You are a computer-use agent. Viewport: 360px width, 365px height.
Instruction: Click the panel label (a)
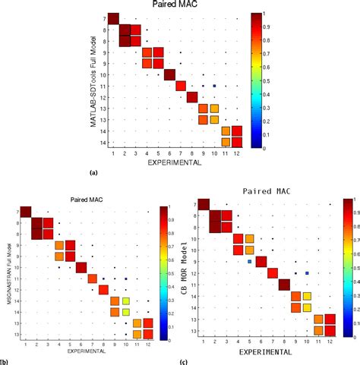click(x=93, y=172)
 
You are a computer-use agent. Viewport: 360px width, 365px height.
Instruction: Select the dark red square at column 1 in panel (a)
click(x=113, y=19)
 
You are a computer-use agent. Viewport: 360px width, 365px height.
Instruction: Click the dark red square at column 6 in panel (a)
click(x=169, y=74)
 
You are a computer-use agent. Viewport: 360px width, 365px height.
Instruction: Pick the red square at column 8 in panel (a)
click(x=192, y=96)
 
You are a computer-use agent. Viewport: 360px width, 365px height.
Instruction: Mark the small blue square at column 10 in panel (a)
click(x=215, y=86)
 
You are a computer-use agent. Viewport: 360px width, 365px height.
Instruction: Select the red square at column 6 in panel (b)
click(x=81, y=267)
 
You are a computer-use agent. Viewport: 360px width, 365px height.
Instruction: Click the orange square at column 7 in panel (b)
click(x=92, y=278)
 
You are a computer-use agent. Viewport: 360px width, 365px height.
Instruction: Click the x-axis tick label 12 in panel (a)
click(x=238, y=153)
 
